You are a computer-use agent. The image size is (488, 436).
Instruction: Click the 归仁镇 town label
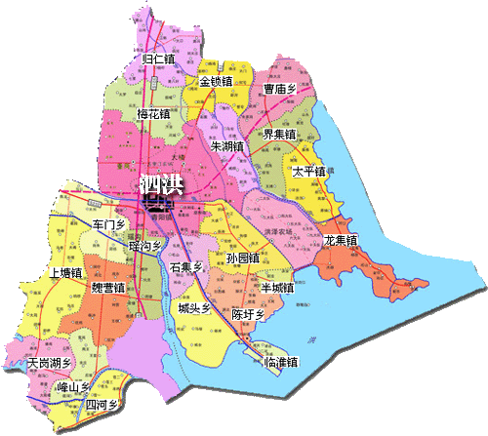pos(158,59)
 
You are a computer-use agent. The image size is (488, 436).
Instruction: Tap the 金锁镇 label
pos(216,82)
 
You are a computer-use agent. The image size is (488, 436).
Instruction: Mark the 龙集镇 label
pos(340,240)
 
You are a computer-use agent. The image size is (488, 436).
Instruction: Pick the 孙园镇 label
pos(241,258)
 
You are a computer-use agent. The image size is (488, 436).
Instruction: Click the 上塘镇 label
pos(65,273)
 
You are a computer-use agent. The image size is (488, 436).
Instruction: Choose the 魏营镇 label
pos(107,289)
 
